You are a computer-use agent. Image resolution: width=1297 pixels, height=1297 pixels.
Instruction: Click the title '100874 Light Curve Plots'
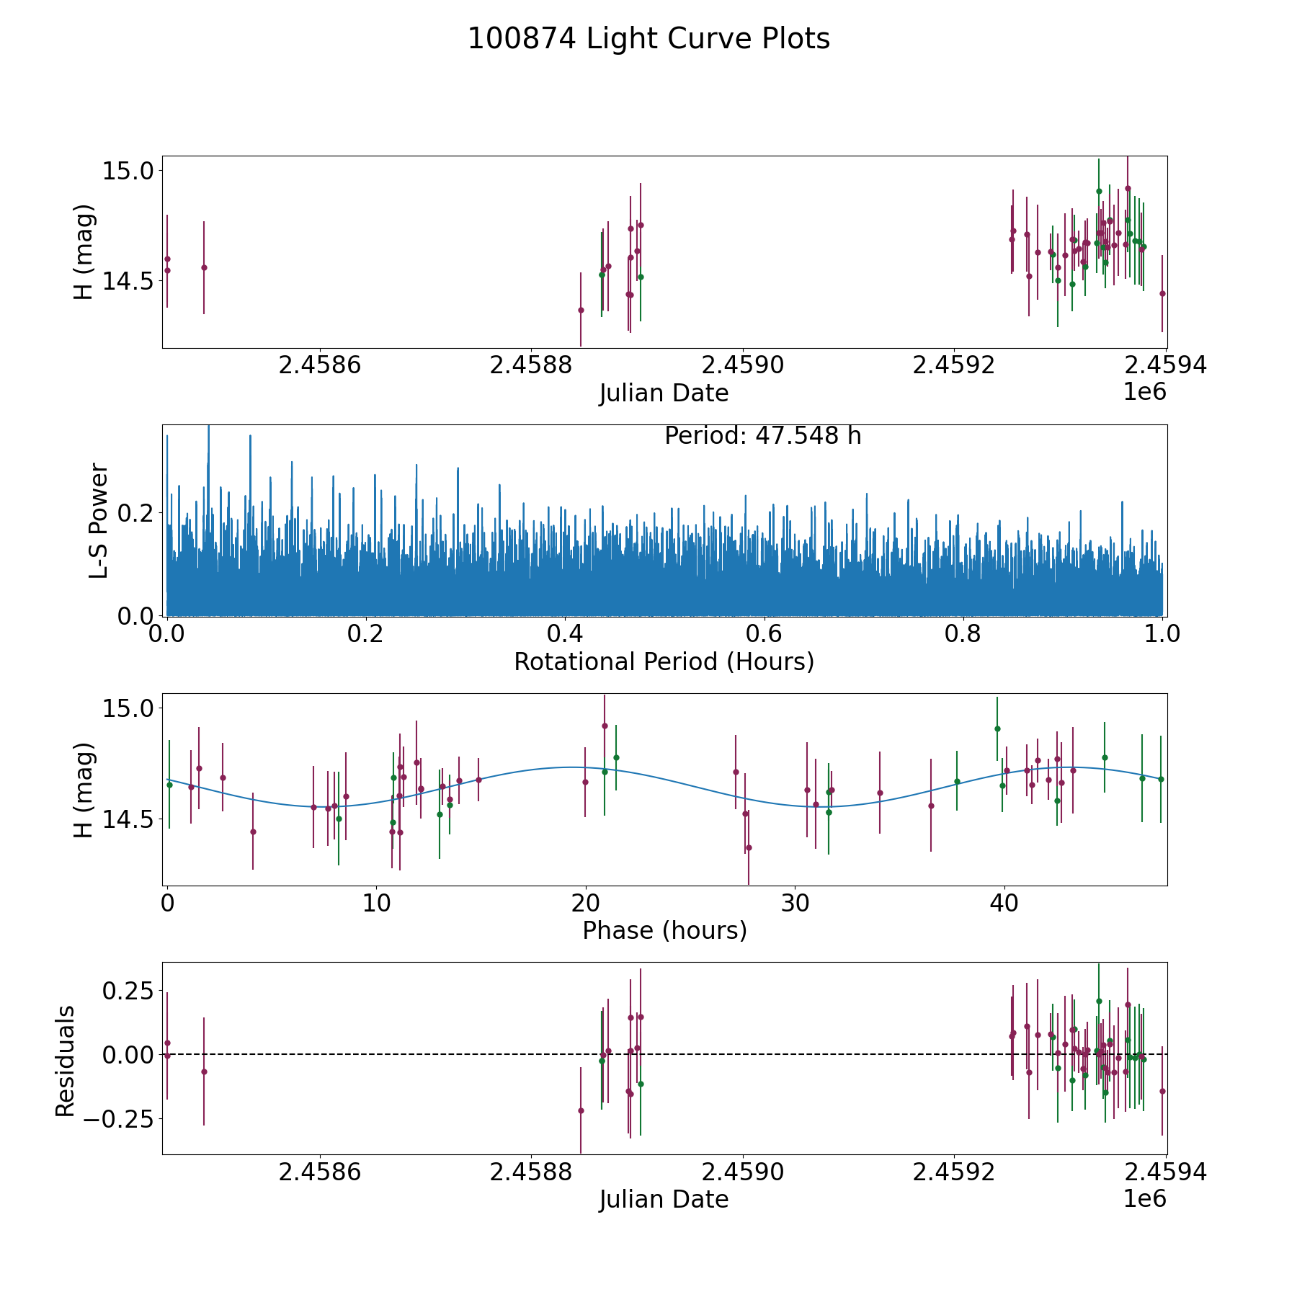[x=648, y=39]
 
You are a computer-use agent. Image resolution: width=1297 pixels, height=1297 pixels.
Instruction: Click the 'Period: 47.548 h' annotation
[x=762, y=436]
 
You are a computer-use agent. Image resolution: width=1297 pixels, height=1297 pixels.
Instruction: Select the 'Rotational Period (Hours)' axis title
[x=664, y=661]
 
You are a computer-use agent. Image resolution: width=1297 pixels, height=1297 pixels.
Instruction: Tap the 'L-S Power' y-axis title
[x=99, y=520]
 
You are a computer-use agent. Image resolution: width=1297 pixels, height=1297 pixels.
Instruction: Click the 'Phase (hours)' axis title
[x=664, y=930]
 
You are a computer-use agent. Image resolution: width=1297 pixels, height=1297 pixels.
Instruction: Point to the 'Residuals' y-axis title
[x=65, y=1061]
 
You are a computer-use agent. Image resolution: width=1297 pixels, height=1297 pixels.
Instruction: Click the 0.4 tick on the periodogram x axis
[x=565, y=635]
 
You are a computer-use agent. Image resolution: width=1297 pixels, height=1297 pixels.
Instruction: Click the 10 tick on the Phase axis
[x=376, y=904]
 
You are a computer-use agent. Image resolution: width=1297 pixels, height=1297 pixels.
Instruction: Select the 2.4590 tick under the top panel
[x=743, y=365]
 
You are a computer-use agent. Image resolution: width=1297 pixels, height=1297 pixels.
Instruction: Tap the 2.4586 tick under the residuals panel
[x=319, y=1172]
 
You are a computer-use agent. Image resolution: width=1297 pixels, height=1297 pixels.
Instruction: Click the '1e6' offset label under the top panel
[x=1144, y=392]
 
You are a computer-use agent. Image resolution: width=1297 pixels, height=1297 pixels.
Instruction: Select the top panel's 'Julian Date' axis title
[x=664, y=393]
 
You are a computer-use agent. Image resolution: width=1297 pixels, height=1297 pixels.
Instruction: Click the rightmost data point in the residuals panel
[x=1162, y=1091]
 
